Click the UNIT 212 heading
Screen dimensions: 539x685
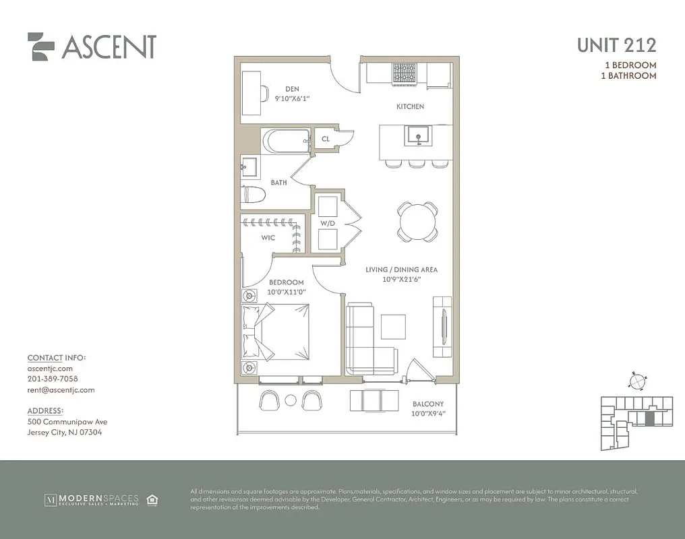[x=616, y=45]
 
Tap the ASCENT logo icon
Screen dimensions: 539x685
[x=41, y=46]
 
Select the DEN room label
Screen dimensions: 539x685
[x=292, y=89]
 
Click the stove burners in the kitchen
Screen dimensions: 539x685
[x=405, y=72]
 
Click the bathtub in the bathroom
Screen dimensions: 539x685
[x=286, y=141]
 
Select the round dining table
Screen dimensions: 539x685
[x=417, y=221]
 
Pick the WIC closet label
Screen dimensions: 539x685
[x=268, y=238]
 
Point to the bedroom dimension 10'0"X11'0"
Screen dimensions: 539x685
[x=286, y=292]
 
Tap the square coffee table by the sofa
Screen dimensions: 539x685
[x=393, y=327]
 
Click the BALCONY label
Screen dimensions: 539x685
[x=428, y=404]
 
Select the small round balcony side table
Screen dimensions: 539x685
[x=291, y=400]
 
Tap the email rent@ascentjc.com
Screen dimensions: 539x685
[x=61, y=390]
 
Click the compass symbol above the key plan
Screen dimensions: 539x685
[x=636, y=381]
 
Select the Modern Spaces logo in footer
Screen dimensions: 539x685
[x=91, y=500]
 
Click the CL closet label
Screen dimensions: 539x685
[x=326, y=139]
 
